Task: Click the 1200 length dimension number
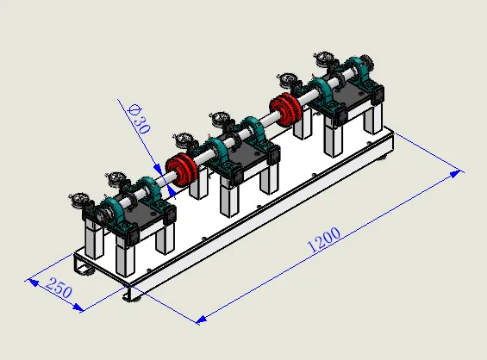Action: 323,239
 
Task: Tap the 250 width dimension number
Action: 59,288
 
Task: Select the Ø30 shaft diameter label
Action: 140,119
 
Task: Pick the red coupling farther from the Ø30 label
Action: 285,109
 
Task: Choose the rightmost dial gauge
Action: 324,58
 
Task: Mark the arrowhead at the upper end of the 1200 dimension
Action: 455,174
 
